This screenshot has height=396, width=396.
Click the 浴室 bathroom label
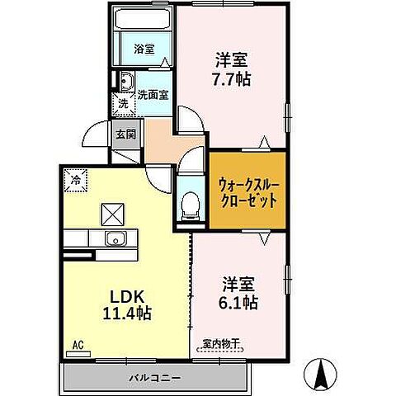pos(144,49)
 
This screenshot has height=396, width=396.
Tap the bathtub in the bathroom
pos(142,20)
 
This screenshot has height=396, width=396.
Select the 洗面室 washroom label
pos(153,95)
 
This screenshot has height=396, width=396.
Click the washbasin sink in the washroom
pos(127,81)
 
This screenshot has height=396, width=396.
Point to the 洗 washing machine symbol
pos(123,105)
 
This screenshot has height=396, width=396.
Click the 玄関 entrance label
pos(125,134)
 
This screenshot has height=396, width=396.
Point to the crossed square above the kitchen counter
pos(111,214)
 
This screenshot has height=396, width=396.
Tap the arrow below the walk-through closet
pos(264,239)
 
